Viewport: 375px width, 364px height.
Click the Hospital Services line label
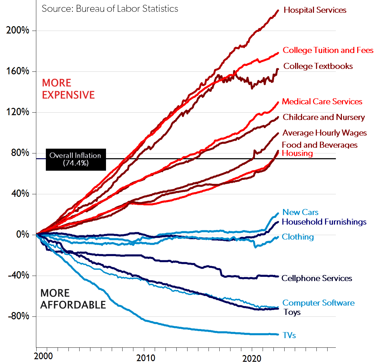point(315,10)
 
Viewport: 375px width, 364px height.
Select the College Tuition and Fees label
point(328,50)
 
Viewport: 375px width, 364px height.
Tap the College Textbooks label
point(318,66)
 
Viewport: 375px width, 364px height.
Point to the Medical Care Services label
point(322,102)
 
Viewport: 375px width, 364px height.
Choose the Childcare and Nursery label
point(324,117)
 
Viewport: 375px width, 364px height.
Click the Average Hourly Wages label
point(325,133)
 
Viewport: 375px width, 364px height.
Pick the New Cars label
point(300,212)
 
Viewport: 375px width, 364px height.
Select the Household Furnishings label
point(324,222)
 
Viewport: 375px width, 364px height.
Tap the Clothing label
point(298,237)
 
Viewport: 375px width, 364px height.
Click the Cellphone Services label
point(317,279)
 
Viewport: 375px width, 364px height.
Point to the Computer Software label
point(318,303)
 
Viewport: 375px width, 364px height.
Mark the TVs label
point(289,336)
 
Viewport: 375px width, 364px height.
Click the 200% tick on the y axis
point(18,31)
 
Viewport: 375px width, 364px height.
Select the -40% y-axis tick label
point(18,275)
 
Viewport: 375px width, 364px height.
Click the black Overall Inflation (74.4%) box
point(76,159)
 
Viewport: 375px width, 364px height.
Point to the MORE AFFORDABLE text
point(73,299)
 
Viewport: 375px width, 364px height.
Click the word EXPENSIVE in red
point(68,95)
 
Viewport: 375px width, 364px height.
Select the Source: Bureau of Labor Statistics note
point(110,9)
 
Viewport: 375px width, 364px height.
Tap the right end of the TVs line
point(278,334)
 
